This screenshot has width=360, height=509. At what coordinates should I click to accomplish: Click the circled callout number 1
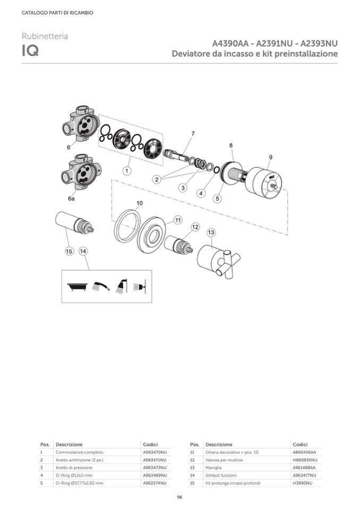coord(127,170)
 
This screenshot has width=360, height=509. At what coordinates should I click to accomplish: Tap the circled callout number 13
coord(211,232)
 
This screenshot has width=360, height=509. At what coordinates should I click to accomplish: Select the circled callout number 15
coord(69,251)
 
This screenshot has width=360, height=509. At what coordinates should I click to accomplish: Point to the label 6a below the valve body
coord(71,199)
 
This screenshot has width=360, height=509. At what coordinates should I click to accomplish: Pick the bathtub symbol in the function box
coord(78,287)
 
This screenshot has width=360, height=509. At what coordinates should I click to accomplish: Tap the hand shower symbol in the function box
coord(101,286)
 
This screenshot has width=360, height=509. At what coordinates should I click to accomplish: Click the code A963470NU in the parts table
coord(155,452)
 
